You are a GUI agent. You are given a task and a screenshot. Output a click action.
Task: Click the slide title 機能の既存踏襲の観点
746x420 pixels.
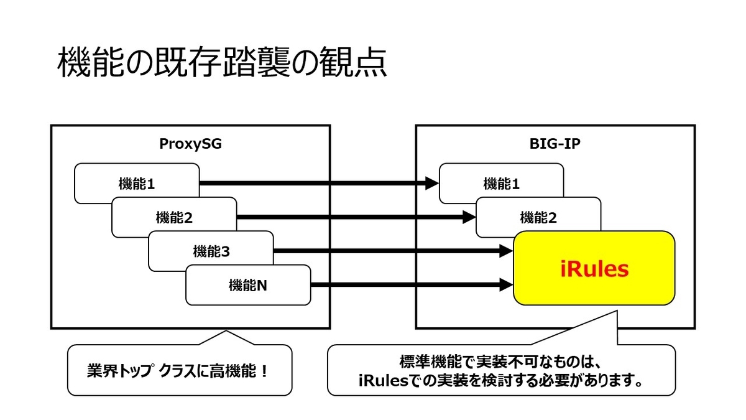pyautogui.click(x=222, y=64)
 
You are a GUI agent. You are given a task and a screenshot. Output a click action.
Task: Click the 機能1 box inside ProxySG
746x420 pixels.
pyautogui.click(x=136, y=184)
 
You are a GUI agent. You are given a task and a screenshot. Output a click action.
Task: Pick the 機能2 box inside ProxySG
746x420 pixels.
pyautogui.click(x=173, y=218)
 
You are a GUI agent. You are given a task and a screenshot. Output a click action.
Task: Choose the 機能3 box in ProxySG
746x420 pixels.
pyautogui.click(x=211, y=251)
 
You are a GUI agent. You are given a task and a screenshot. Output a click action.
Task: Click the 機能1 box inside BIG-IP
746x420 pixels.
pyautogui.click(x=501, y=184)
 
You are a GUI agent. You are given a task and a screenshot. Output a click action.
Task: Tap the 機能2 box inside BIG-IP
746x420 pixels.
pyautogui.click(x=538, y=218)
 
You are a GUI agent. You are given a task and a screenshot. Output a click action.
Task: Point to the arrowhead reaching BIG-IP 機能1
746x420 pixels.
pyautogui.click(x=433, y=184)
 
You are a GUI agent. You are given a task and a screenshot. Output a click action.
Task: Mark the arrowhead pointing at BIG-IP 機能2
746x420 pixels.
pyautogui.click(x=469, y=218)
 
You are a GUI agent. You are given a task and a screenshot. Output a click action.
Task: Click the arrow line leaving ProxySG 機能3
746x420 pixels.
pyautogui.click(x=385, y=251)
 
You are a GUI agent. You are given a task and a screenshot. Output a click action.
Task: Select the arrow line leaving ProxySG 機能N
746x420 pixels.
pyautogui.click(x=404, y=286)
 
